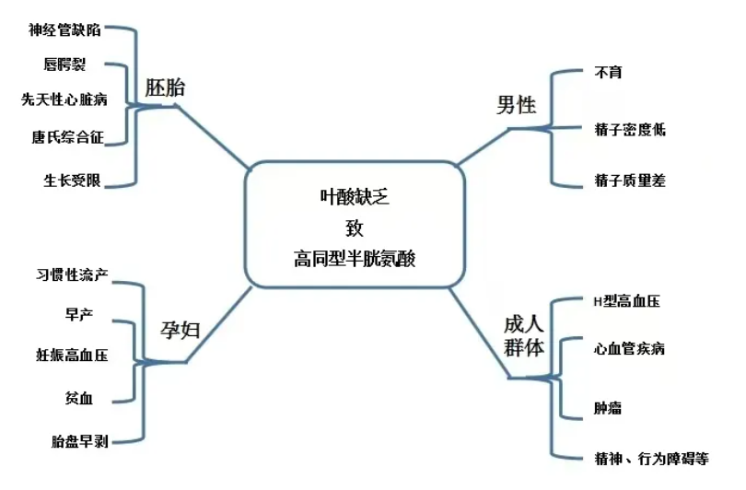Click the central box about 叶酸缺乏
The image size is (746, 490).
[355, 224]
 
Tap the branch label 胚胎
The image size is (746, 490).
[165, 88]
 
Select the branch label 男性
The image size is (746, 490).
[516, 104]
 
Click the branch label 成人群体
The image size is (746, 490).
[523, 336]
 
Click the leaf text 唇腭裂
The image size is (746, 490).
[64, 64]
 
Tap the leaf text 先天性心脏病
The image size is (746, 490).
[64, 99]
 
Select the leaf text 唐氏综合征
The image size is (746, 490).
[66, 137]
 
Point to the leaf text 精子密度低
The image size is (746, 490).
[630, 130]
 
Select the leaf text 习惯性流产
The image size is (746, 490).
[73, 274]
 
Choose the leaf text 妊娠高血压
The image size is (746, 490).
[73, 355]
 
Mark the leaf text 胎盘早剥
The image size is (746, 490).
[80, 441]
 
